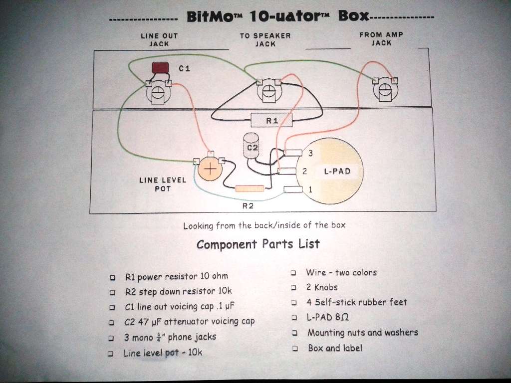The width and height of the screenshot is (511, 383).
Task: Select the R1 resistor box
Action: click(271, 120)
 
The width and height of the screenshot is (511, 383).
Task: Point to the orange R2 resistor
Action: click(250, 189)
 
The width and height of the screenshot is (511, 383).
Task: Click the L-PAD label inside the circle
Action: click(337, 171)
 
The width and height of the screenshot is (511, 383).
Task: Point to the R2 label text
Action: click(249, 205)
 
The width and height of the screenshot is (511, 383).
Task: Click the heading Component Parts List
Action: click(258, 244)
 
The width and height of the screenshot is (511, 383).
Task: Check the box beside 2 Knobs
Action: click(294, 288)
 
